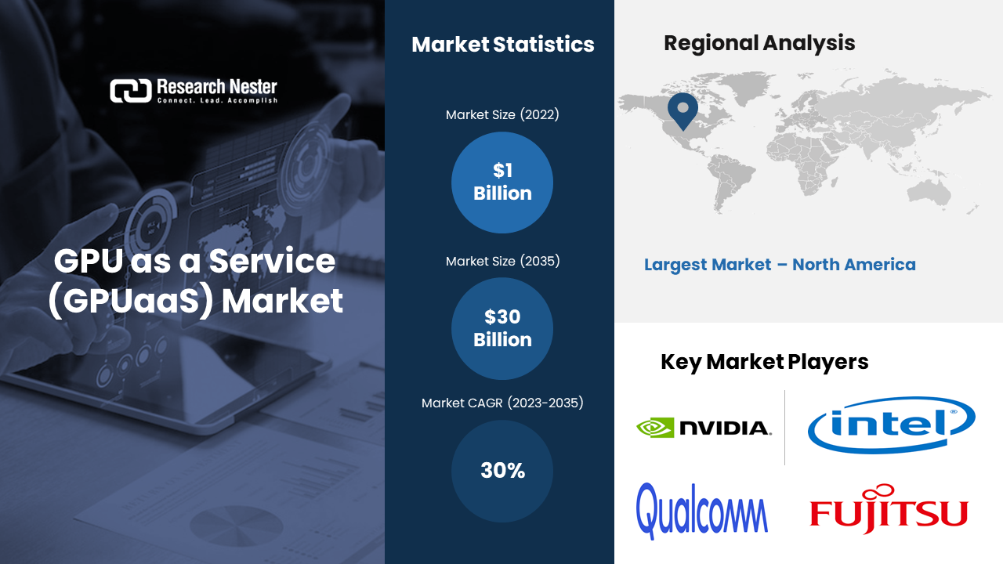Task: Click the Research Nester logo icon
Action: click(130, 91)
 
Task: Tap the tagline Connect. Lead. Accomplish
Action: click(217, 101)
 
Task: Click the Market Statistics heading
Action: click(502, 45)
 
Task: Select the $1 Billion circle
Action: click(502, 182)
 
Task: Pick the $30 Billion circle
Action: click(502, 328)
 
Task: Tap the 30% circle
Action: click(502, 471)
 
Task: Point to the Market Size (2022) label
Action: click(502, 115)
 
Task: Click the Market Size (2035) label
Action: click(502, 262)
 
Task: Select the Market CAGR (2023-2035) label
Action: click(502, 403)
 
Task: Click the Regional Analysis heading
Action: click(759, 43)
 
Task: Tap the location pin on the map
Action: click(683, 110)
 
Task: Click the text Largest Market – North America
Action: click(780, 265)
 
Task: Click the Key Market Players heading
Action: click(764, 362)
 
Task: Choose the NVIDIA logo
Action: click(704, 428)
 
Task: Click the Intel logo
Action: click(891, 424)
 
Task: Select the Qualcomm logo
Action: click(702, 510)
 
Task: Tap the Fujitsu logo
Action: click(889, 511)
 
